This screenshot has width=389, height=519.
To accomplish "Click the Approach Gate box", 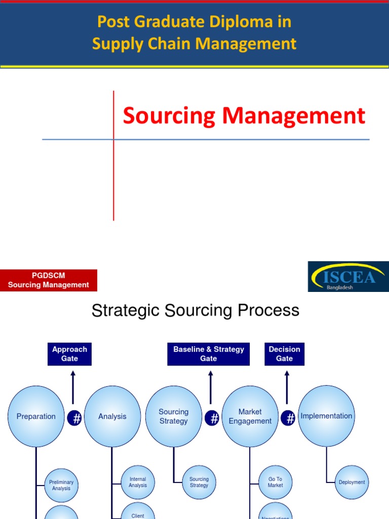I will [x=70, y=354].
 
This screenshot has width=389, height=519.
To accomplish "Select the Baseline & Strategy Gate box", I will [x=209, y=354].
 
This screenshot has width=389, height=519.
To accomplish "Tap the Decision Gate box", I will [x=284, y=354].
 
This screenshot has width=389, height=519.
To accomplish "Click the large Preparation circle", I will [x=36, y=417].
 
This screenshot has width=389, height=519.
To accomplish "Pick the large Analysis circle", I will [x=112, y=417].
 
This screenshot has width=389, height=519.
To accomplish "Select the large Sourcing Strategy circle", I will [x=174, y=417].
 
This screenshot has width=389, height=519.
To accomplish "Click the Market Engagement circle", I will [x=250, y=417].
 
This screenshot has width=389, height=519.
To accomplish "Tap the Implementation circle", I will [x=326, y=416].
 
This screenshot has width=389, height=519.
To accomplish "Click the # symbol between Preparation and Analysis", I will [x=74, y=419].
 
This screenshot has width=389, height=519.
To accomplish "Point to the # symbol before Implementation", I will [x=290, y=419].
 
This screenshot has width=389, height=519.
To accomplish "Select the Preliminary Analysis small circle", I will [x=61, y=486].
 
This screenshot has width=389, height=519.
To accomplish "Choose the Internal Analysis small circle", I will [x=138, y=482].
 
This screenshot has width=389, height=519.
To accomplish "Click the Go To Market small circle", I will [x=276, y=482].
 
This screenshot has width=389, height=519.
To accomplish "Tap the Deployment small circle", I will [x=352, y=482].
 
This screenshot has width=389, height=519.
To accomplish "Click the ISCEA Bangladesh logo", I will [x=348, y=276].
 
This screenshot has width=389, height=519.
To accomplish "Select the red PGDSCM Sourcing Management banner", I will [x=49, y=280].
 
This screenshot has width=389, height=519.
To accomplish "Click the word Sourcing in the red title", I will [x=170, y=116].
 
